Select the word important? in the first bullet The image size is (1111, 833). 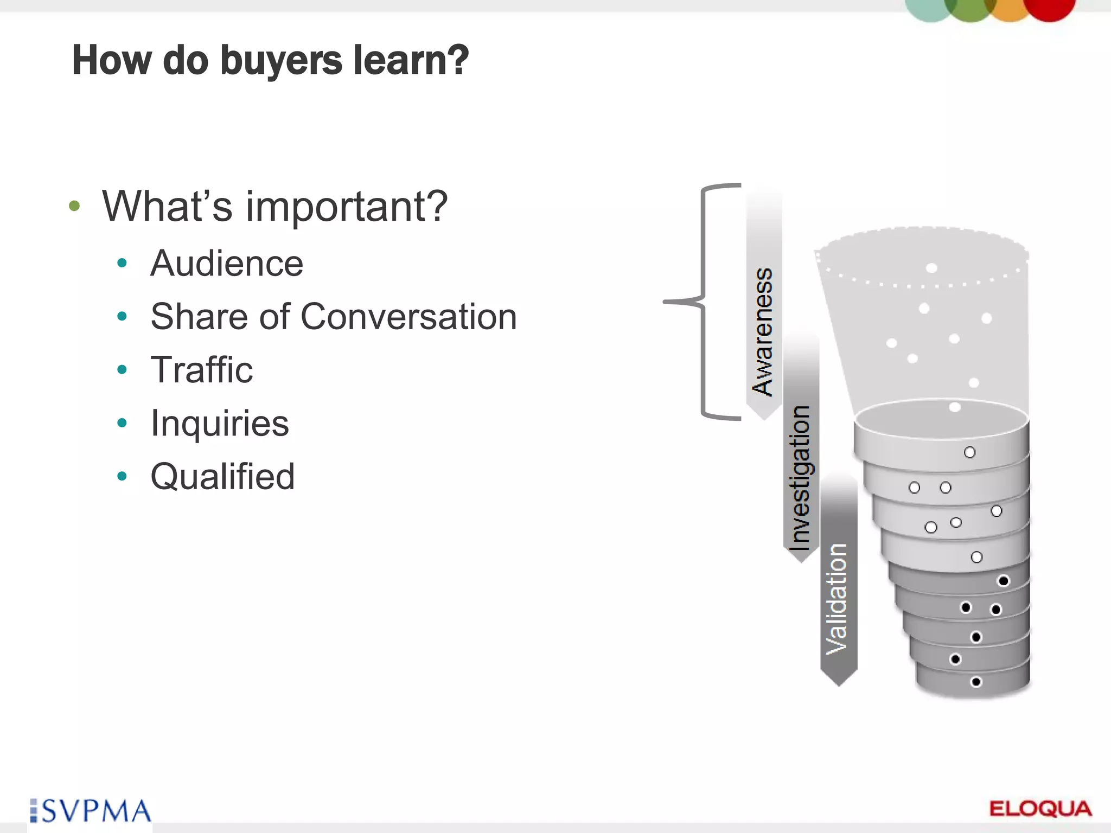347,207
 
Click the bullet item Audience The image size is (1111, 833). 227,264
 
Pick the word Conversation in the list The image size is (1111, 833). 408,317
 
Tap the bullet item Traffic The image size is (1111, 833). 201,370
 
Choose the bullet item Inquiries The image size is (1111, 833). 220,423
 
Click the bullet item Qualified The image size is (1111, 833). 222,476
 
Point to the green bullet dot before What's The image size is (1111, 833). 75,206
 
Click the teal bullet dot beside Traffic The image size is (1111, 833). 122,370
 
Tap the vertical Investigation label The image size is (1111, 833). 800,477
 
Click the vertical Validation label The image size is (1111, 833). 837,599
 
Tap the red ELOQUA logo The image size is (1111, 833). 1040,809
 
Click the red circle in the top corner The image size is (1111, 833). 1049,8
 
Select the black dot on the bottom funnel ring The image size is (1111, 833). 976,682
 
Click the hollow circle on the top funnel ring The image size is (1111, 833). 969,452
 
